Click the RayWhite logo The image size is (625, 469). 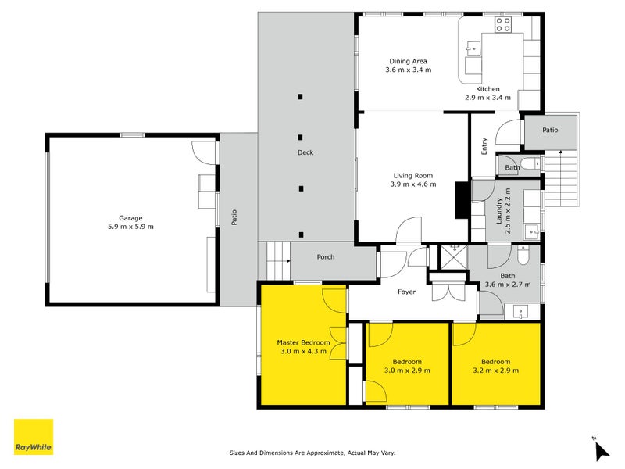click(x=34, y=437)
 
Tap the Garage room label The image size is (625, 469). click(x=130, y=218)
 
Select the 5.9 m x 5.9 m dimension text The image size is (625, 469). click(x=130, y=227)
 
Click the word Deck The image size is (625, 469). click(x=305, y=152)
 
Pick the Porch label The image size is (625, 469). click(x=326, y=257)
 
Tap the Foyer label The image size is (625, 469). click(x=406, y=292)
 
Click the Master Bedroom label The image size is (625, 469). click(x=304, y=342)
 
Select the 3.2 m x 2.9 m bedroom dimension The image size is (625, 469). click(x=495, y=371)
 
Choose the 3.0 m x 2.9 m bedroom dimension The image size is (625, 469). click(x=407, y=371)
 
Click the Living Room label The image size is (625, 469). click(x=412, y=176)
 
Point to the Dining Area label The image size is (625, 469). click(x=408, y=61)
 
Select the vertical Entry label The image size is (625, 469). click(x=484, y=146)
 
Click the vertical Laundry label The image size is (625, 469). click(x=499, y=212)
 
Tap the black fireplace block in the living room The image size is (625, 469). click(x=461, y=200)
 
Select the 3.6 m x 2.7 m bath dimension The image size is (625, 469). click(x=508, y=285)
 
